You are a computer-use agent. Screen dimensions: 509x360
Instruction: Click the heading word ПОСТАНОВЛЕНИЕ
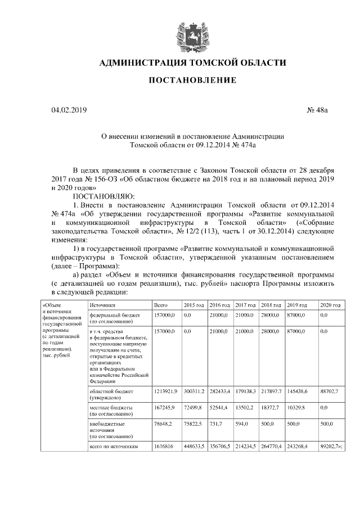tap(192, 80)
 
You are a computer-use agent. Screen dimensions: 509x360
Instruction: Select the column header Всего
tap(161, 304)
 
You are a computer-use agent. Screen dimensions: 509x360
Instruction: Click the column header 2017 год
tap(245, 304)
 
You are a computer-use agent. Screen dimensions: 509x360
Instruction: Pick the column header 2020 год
tap(330, 304)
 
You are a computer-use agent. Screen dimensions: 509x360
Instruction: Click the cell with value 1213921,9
tap(166, 390)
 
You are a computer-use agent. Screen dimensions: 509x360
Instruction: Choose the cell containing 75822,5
tap(193, 426)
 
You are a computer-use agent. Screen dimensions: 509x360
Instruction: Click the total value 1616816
tap(164, 445)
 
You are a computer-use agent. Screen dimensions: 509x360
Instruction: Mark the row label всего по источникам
tap(114, 445)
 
